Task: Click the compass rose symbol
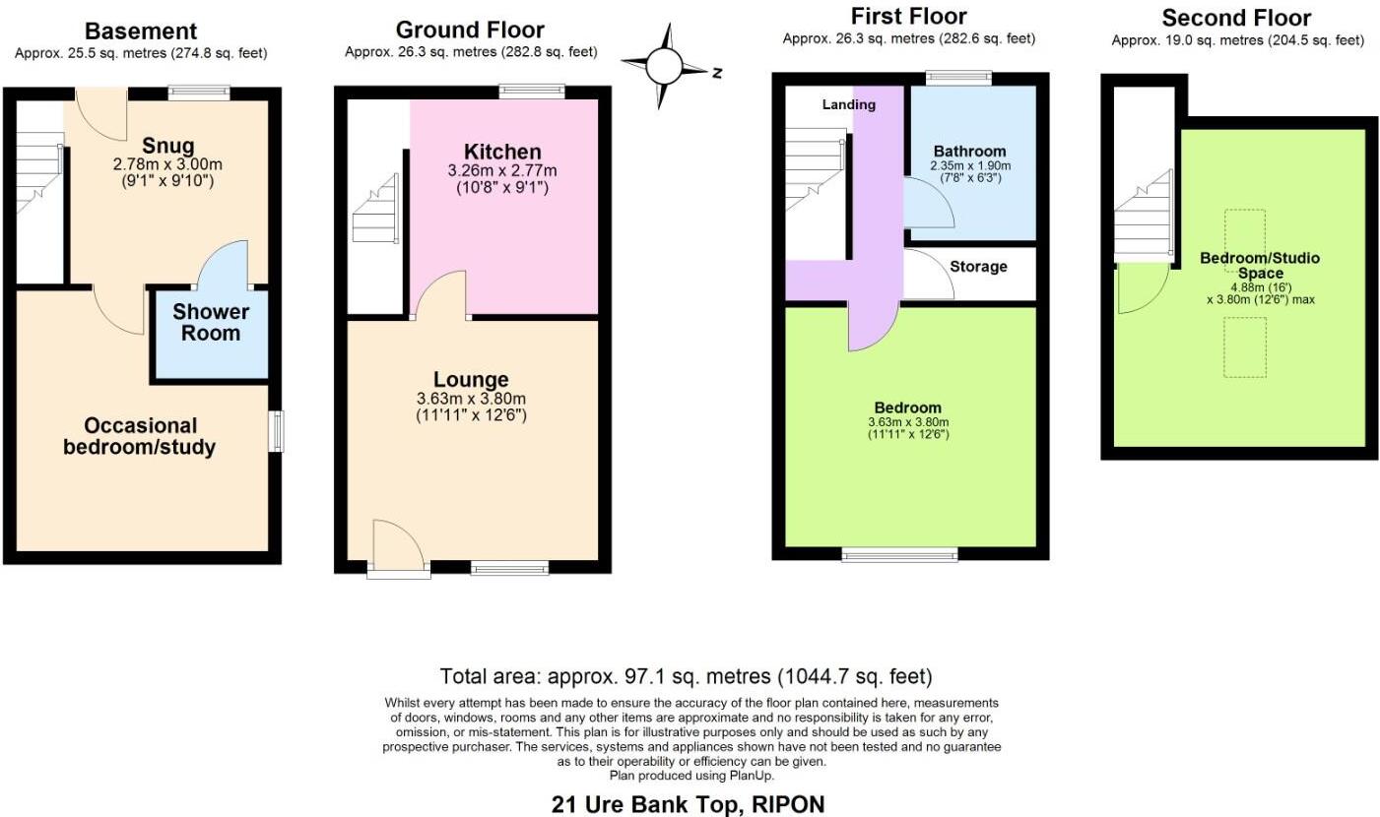[x=664, y=67]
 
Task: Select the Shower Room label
[x=211, y=323]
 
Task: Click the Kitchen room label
[x=502, y=152]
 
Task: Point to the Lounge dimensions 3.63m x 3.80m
[x=471, y=399]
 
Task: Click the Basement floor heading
[x=140, y=31]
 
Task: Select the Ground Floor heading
[x=470, y=30]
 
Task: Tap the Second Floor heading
[x=1236, y=18]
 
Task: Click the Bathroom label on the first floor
[x=969, y=152]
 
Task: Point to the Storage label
[x=978, y=267]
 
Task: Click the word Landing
[x=848, y=104]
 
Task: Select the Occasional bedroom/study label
[x=140, y=436]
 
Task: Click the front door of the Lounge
[x=398, y=548]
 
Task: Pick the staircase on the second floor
[x=1144, y=216]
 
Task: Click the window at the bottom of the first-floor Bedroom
[x=898, y=555]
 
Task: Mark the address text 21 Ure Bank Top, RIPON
[x=688, y=804]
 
